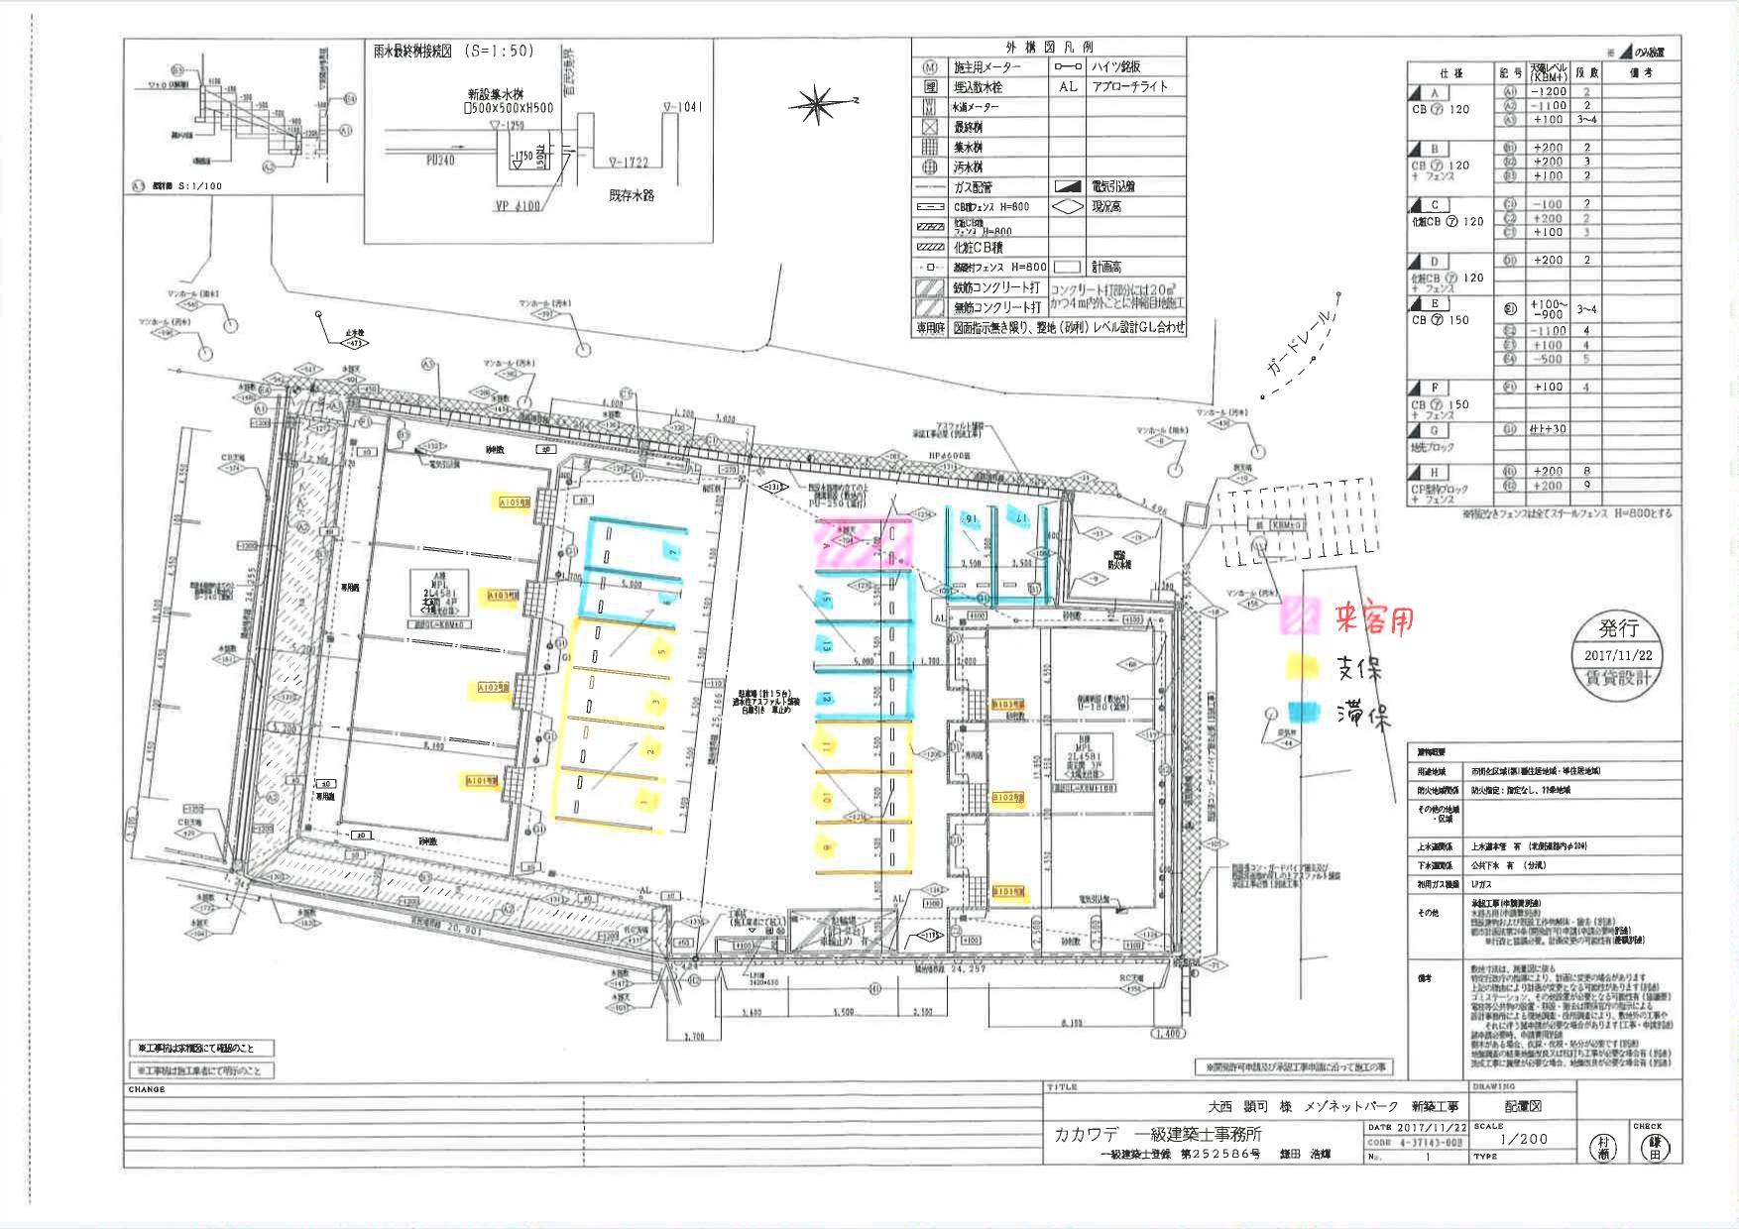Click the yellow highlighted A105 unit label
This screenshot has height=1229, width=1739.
[x=515, y=503]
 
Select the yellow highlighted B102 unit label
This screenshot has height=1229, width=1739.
[x=1007, y=797]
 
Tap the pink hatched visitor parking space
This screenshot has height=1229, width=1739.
[x=862, y=544]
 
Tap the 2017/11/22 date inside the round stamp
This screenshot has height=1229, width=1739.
[x=1619, y=655]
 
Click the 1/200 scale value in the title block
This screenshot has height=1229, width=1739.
[x=1524, y=1139]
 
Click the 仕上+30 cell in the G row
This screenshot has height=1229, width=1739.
[x=1548, y=429]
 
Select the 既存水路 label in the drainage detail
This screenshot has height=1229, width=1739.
[x=632, y=195]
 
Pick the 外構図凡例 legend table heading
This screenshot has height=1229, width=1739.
[x=1048, y=47]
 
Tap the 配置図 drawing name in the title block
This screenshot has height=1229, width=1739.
[x=1523, y=1106]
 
